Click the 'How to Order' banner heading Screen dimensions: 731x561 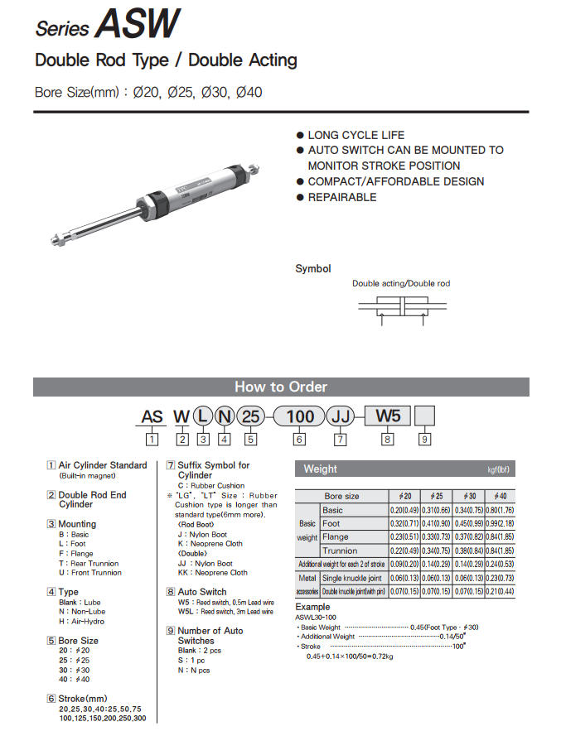[x=280, y=387]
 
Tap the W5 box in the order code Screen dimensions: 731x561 [x=387, y=416]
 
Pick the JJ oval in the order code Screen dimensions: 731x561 [x=340, y=416]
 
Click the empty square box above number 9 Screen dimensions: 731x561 [x=424, y=416]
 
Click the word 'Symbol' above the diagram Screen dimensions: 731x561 [x=313, y=269]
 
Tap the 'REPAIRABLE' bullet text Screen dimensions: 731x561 [x=341, y=197]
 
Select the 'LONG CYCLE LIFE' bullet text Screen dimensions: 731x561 [x=356, y=135]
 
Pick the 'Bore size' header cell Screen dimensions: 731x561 [x=341, y=496]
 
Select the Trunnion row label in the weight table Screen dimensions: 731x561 [x=340, y=551]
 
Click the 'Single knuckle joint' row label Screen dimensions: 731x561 [x=353, y=578]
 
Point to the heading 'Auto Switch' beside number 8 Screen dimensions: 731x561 [x=202, y=592]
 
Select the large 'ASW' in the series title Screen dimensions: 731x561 [x=136, y=25]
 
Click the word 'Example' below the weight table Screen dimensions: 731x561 [x=312, y=608]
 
